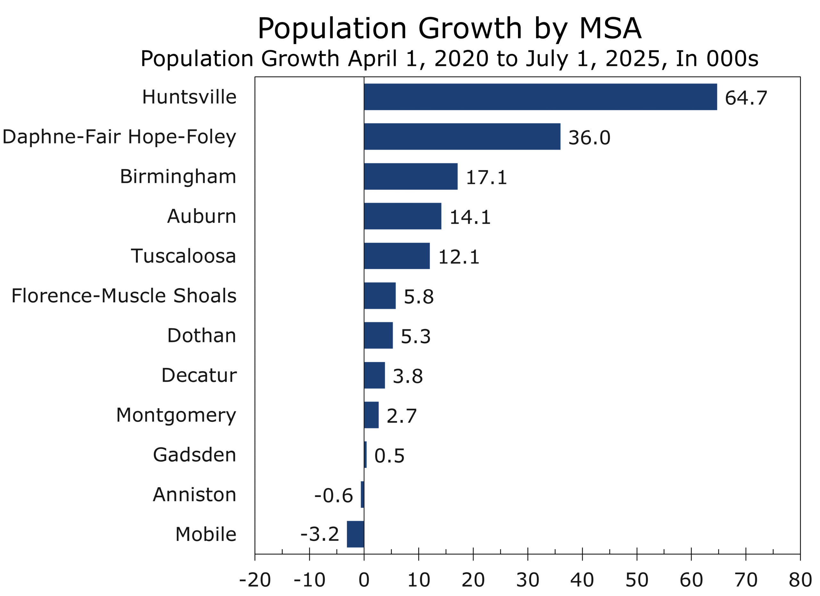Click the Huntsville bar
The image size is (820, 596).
click(x=540, y=97)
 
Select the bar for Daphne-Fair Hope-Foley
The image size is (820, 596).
click(x=462, y=137)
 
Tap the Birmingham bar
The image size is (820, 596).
click(x=411, y=176)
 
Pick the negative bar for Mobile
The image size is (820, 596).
click(x=356, y=534)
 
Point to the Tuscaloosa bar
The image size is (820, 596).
click(x=397, y=256)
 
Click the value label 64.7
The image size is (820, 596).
click(x=746, y=98)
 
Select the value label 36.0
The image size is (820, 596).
click(x=589, y=138)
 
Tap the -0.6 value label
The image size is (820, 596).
click(x=333, y=495)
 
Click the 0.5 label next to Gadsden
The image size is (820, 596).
click(x=389, y=456)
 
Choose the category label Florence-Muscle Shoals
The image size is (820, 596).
click(x=124, y=296)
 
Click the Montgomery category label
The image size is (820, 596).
click(x=176, y=415)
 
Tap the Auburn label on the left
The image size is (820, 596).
click(x=202, y=216)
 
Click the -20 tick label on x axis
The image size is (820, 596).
click(x=255, y=580)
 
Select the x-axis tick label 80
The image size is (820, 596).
click(x=800, y=580)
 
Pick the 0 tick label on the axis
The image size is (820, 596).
click(x=364, y=580)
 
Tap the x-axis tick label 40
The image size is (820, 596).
click(x=582, y=580)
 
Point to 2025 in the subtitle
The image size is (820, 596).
click(x=632, y=59)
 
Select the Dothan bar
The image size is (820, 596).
click(x=378, y=335)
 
